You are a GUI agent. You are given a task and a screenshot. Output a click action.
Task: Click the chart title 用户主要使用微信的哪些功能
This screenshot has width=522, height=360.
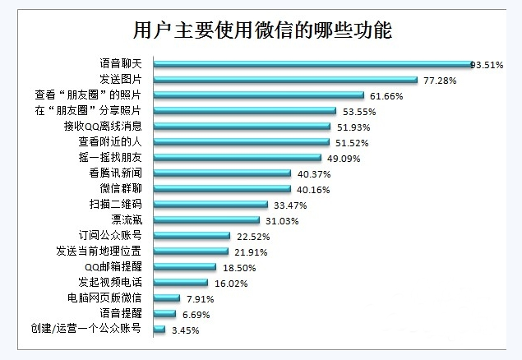click(262, 31)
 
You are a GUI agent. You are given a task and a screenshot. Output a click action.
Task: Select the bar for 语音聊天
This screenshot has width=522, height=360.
click(312, 63)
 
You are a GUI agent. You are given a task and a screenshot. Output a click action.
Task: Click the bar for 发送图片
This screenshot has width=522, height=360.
click(284, 79)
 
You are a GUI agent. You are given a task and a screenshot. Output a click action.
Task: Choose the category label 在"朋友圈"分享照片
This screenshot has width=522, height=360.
click(97, 111)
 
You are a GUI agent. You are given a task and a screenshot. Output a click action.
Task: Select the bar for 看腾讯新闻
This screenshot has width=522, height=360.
click(221, 173)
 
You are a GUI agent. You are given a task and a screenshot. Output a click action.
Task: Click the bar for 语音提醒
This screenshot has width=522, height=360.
click(164, 313)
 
